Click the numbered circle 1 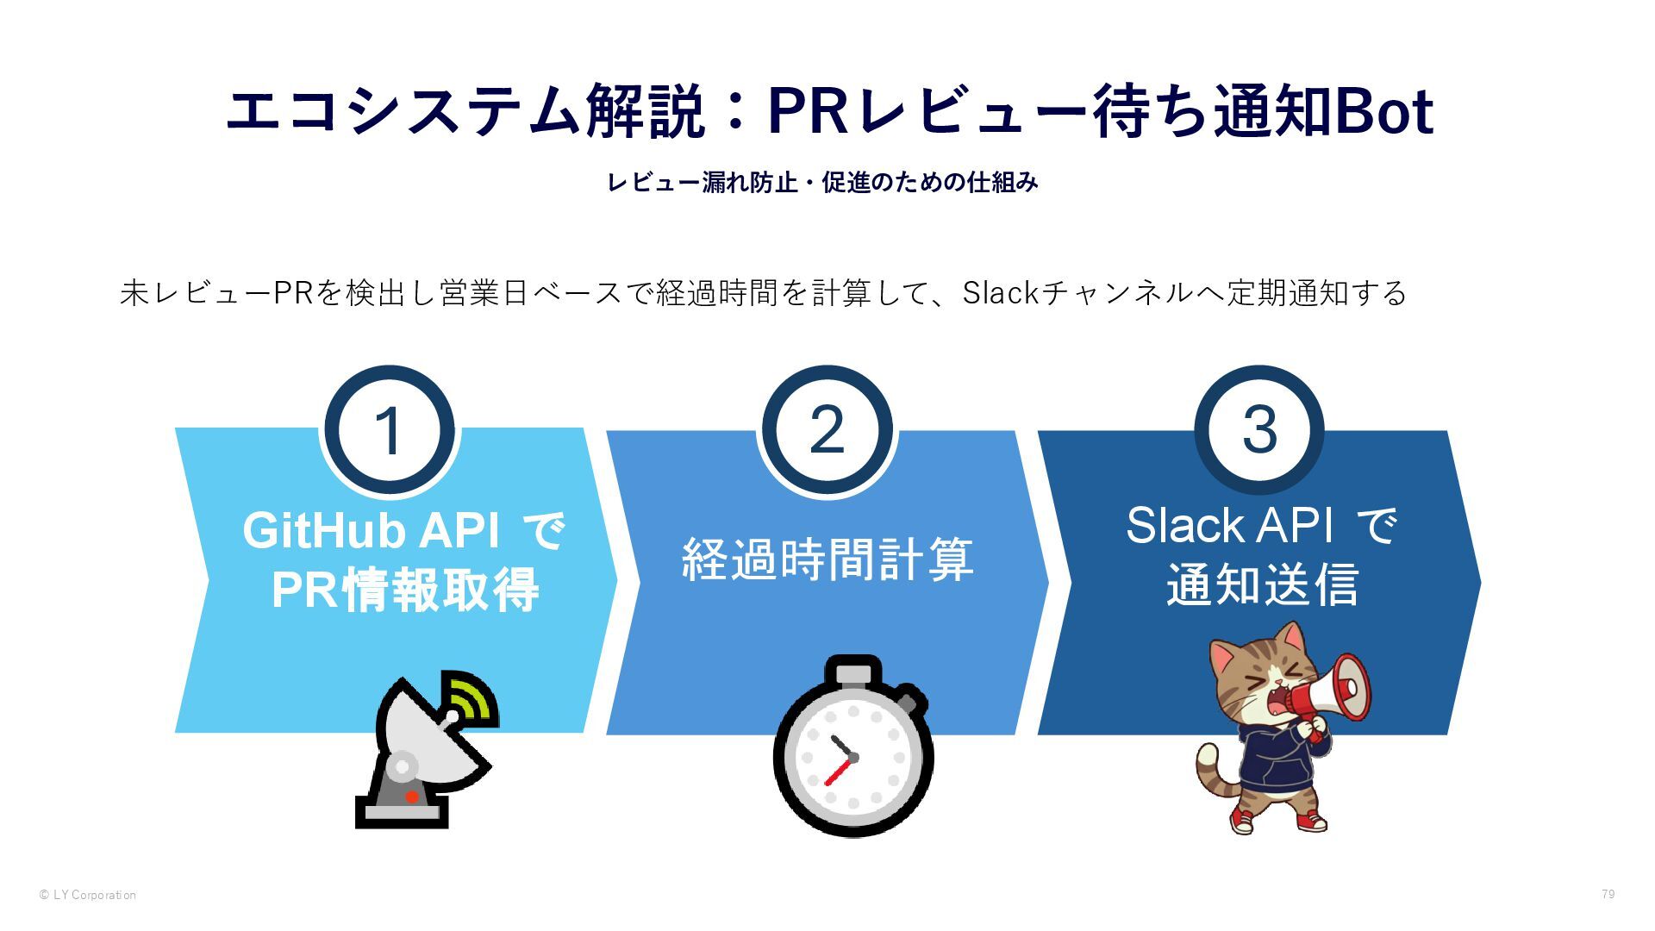(x=389, y=430)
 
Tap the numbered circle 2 (x=827, y=430)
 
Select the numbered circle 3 (x=1258, y=430)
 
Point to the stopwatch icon (x=852, y=750)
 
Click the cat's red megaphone (x=1334, y=690)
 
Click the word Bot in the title (x=1383, y=112)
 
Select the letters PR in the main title (x=809, y=112)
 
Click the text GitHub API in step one (x=371, y=530)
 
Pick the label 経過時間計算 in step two (x=827, y=559)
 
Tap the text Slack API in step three (x=1228, y=525)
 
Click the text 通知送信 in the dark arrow (x=1262, y=585)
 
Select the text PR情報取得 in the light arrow (x=405, y=590)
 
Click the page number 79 (x=1608, y=894)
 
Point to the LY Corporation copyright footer (x=88, y=895)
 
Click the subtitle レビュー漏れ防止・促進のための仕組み (x=822, y=183)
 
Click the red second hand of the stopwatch (x=838, y=772)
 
